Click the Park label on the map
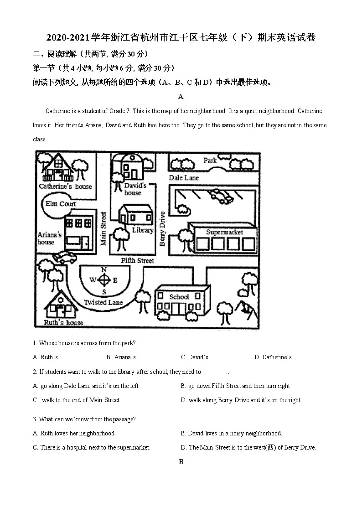(x=210, y=160)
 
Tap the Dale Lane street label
(x=184, y=178)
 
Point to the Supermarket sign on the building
(x=224, y=232)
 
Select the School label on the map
(x=179, y=297)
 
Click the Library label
(x=143, y=231)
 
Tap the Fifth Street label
(x=137, y=261)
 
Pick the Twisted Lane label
(x=103, y=302)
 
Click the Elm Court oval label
(x=60, y=204)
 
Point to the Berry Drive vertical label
(x=162, y=228)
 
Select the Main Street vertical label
(x=103, y=228)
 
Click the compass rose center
(x=104, y=280)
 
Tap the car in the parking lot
(x=221, y=197)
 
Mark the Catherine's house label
(x=65, y=186)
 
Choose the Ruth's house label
(x=63, y=323)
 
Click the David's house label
(x=134, y=189)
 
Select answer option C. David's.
(x=195, y=357)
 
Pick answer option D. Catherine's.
(x=274, y=357)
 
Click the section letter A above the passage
(x=181, y=97)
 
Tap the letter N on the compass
(x=104, y=269)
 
